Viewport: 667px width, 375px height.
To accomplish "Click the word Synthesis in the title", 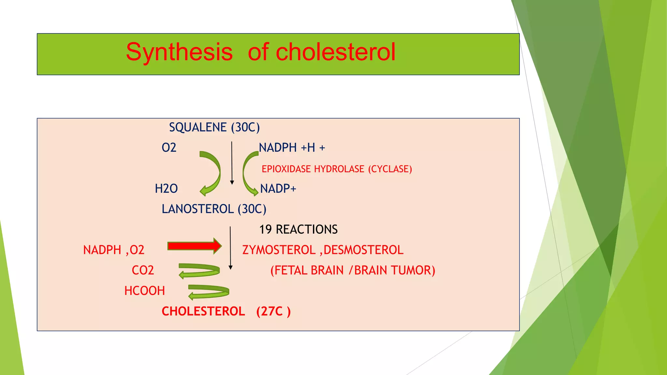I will point(179,52).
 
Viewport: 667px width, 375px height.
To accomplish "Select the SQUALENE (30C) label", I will point(214,127).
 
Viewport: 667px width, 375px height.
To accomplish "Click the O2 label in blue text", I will point(169,148).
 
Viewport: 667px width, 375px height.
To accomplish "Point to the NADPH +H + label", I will point(292,148).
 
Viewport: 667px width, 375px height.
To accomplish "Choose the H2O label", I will point(166,189).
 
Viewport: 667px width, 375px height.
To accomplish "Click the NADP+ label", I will point(278,189).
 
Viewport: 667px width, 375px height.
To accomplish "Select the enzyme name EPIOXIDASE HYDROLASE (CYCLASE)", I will point(337,169).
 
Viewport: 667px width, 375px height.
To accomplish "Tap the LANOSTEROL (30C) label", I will point(214,209).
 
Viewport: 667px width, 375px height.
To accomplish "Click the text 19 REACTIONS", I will point(298,229).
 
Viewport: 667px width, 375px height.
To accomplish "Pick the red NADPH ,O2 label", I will point(114,250).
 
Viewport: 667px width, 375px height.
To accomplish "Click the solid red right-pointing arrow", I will point(194,246).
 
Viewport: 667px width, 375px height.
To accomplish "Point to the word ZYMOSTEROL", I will point(279,250).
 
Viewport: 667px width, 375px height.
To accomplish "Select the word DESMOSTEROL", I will point(363,250).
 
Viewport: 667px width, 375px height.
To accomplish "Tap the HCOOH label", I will point(145,291).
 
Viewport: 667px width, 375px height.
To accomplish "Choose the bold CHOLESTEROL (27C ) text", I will point(226,312).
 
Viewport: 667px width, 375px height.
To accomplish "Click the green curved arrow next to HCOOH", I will point(209,291).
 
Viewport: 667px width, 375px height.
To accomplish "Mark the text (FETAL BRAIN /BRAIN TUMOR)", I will point(353,271).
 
